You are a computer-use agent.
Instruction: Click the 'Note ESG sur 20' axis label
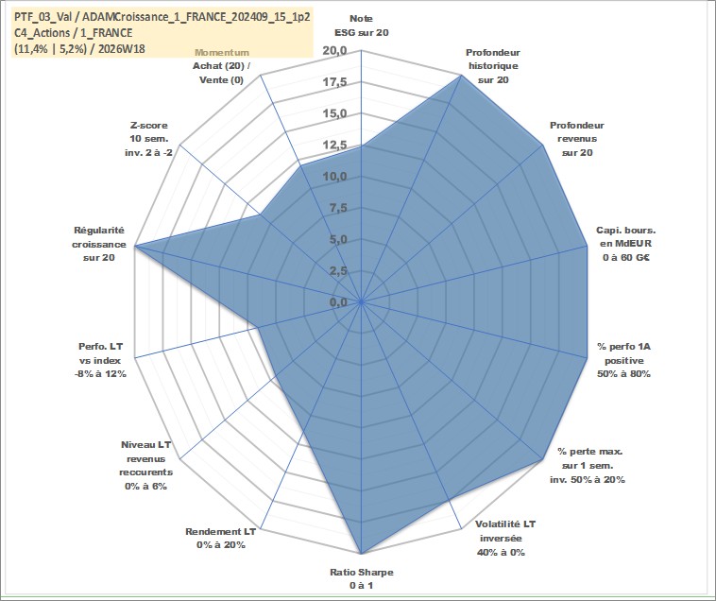point(361,26)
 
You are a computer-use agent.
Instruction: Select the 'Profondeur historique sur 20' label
point(493,66)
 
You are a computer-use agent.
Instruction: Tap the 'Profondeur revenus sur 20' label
point(577,139)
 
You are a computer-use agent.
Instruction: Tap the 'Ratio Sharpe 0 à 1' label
point(361,578)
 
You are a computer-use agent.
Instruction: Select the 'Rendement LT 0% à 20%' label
point(221,538)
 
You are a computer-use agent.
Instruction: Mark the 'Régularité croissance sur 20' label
point(98,244)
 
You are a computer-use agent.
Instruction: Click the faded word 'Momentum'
point(222,53)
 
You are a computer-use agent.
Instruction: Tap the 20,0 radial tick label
point(334,51)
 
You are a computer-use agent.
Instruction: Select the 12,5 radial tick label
point(334,146)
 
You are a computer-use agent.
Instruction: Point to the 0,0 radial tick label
point(338,302)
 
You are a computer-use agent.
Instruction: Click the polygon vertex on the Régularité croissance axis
point(135,247)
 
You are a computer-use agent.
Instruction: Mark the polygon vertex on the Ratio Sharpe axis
point(361,554)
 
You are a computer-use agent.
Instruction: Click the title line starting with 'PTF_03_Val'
point(162,17)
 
